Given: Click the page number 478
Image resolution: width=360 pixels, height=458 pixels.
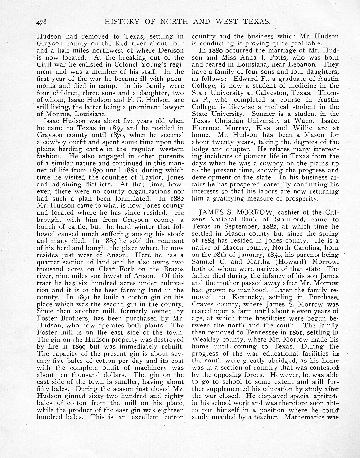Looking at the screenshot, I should (x=42, y=22).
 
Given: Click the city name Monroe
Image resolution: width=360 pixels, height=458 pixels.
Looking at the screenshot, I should (x=59, y=114).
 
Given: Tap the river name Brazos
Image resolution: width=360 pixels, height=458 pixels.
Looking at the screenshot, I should (x=172, y=269).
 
